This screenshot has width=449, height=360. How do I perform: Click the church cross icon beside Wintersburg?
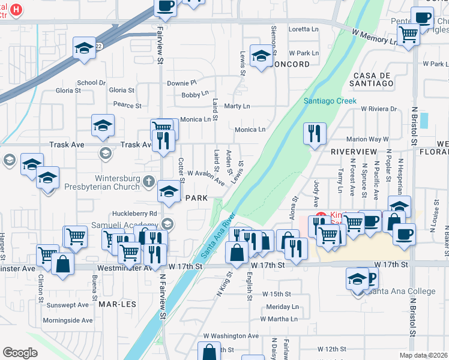pyautogui.click(x=154, y=179)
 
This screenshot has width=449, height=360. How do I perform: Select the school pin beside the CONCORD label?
pyautogui.click(x=261, y=56)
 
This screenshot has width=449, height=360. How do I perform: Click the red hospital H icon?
pyautogui.click(x=17, y=10)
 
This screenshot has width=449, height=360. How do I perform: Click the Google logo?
pyautogui.click(x=20, y=353)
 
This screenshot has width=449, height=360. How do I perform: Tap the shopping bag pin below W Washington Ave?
pyautogui.click(x=209, y=352)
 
